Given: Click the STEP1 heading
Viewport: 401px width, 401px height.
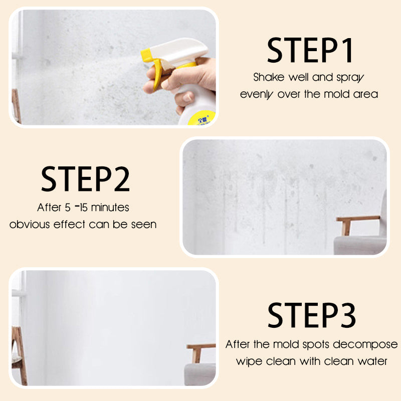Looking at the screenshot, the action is click(x=310, y=50).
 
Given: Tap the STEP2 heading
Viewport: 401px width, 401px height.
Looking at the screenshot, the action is click(x=85, y=179).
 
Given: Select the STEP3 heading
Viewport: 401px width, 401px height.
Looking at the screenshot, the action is click(x=311, y=315).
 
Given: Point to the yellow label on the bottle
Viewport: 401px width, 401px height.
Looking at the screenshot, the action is click(x=202, y=118).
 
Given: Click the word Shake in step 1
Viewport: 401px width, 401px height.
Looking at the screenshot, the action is click(x=269, y=77).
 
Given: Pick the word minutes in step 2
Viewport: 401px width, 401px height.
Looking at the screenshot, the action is click(x=110, y=208).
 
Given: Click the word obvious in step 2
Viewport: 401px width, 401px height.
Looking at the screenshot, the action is click(x=30, y=224).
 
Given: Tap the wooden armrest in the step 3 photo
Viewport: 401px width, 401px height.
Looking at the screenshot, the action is click(x=200, y=350).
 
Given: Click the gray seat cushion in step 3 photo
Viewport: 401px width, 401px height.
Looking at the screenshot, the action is click(x=199, y=374).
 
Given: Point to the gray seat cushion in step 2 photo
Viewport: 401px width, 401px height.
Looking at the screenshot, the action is click(x=360, y=245).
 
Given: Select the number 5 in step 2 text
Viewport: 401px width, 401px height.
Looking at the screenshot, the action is click(x=68, y=208).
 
